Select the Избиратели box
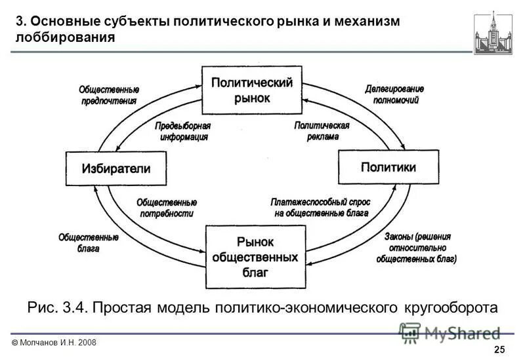click(115, 168)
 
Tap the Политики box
click(388, 167)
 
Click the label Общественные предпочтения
click(108, 95)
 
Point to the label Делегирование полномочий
click(395, 94)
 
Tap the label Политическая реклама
click(321, 131)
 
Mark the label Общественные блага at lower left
click(88, 243)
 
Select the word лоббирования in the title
click(66, 37)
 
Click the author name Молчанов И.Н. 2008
click(54, 343)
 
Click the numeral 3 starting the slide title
click(20, 21)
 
